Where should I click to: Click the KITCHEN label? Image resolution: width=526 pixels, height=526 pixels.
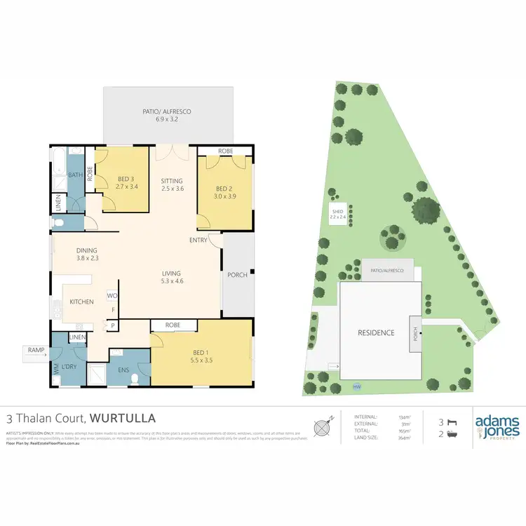81,302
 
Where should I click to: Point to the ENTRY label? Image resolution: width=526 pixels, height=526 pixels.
198,240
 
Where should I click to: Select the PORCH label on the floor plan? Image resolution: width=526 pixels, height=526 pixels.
238,275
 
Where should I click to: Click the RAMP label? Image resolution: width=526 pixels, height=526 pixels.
36,349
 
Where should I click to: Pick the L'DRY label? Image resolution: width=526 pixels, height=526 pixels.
68,367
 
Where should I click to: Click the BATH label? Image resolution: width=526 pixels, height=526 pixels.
75,175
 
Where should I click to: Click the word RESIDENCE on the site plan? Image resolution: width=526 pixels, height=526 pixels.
375,333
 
